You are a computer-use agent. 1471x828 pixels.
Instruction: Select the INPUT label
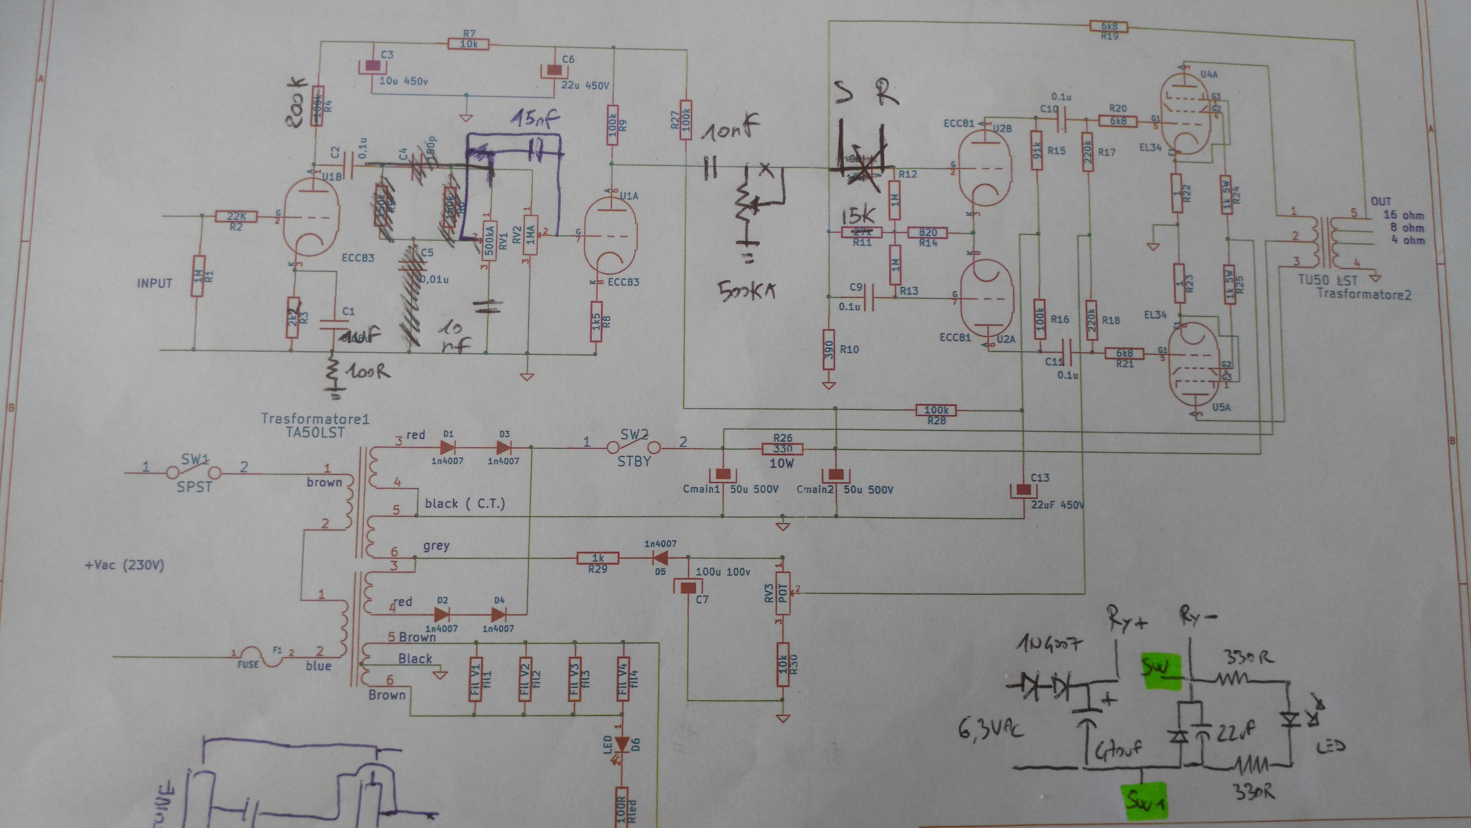[x=154, y=283]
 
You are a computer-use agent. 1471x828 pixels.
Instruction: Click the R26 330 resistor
[x=782, y=449]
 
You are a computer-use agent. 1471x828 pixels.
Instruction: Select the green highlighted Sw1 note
[x=1145, y=800]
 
